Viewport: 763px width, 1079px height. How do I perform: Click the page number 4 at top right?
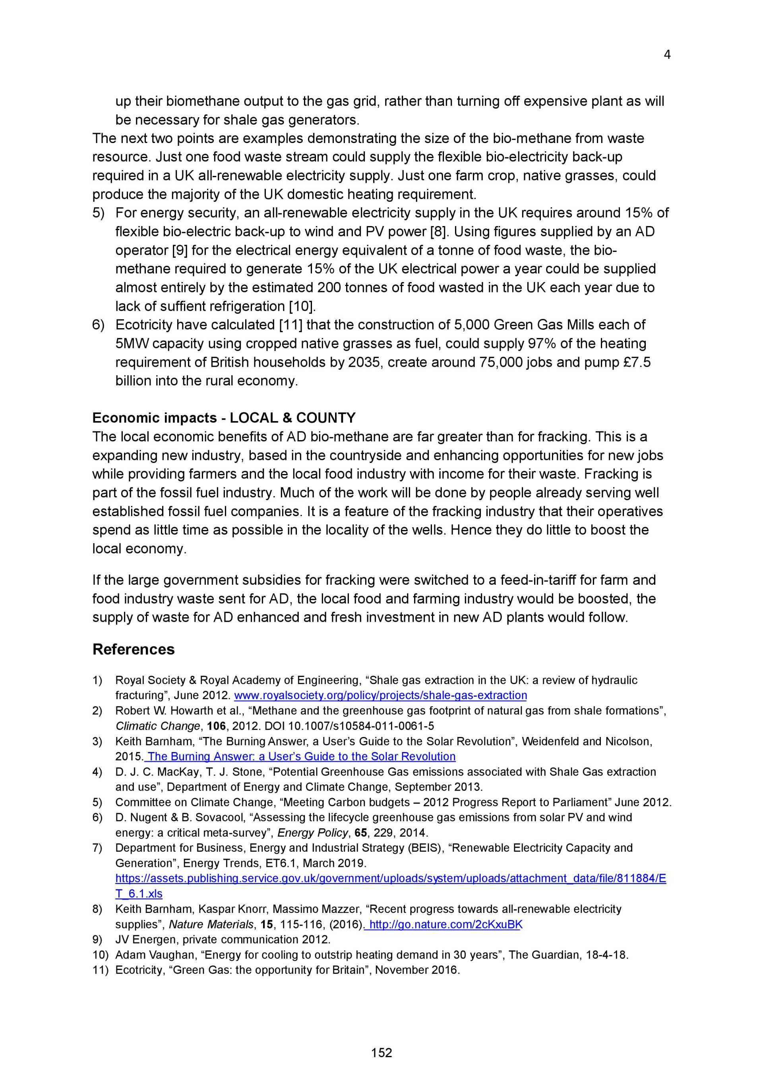click(666, 55)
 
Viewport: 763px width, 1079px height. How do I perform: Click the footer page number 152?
click(381, 1053)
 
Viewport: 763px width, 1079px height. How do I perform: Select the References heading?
click(134, 649)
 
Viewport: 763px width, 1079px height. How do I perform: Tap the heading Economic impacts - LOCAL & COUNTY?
click(224, 418)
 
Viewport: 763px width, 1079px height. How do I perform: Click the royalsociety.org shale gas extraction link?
click(380, 695)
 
